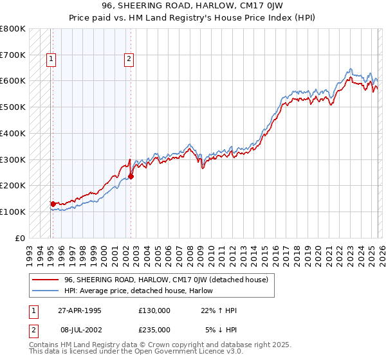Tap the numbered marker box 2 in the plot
pyautogui.click(x=129, y=59)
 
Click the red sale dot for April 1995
pyautogui.click(x=53, y=204)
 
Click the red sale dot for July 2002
pyautogui.click(x=131, y=176)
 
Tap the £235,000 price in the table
pyautogui.click(x=154, y=329)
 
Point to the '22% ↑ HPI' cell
pyautogui.click(x=219, y=310)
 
